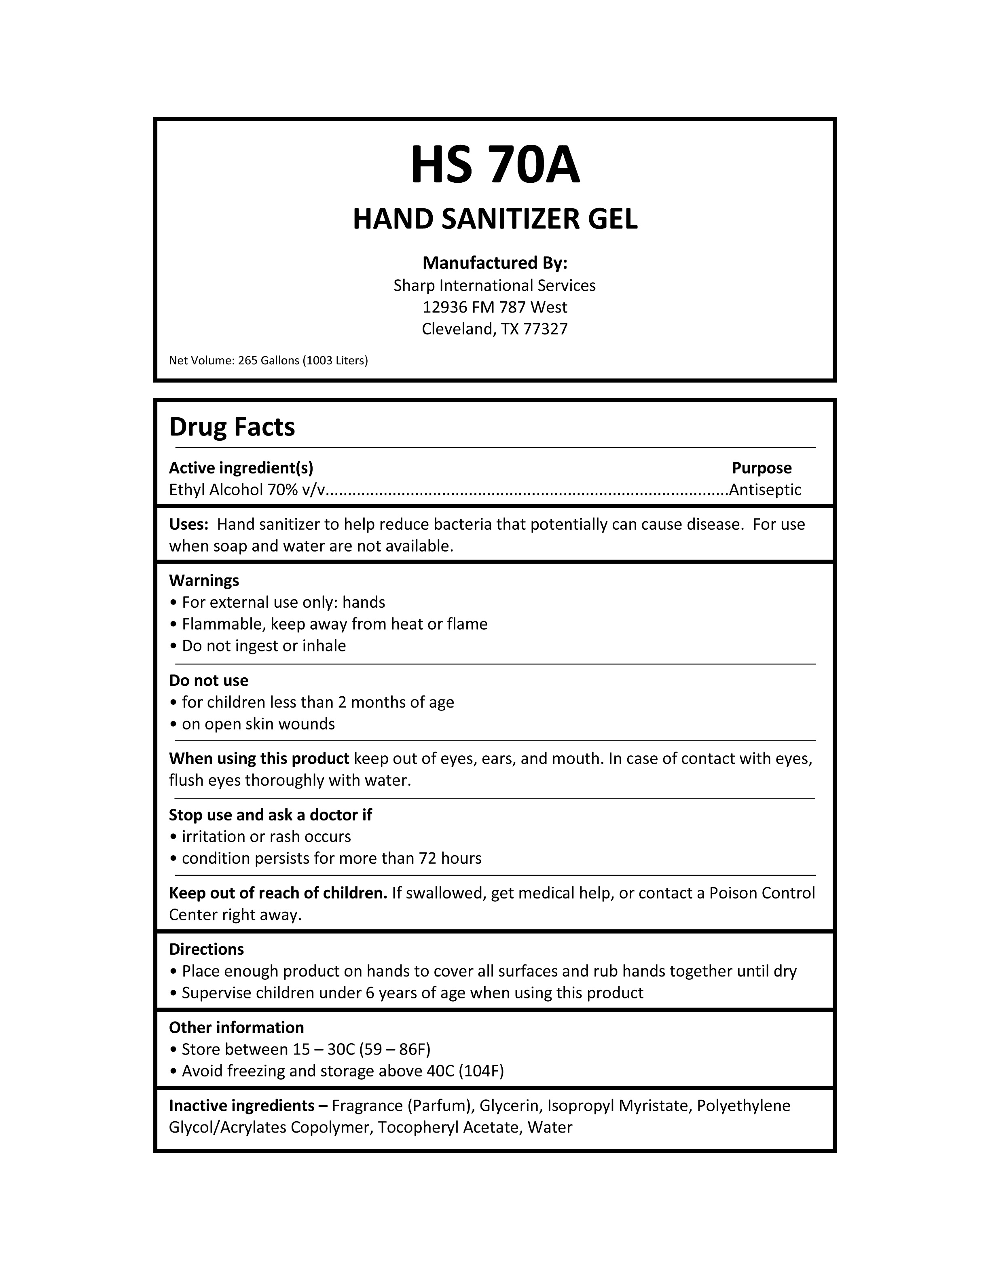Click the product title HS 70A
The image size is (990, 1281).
pos(495,165)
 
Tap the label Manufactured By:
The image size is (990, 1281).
pos(495,263)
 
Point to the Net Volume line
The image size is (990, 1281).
pos(268,361)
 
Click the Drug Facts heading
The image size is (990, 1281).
pos(232,427)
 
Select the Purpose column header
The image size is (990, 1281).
pos(761,468)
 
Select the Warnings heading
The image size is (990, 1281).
pos(204,581)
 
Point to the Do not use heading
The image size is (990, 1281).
pos(208,681)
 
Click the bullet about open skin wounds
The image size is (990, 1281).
pos(258,724)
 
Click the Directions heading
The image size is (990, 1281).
pos(206,949)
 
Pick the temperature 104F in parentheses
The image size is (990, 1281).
pos(481,1072)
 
